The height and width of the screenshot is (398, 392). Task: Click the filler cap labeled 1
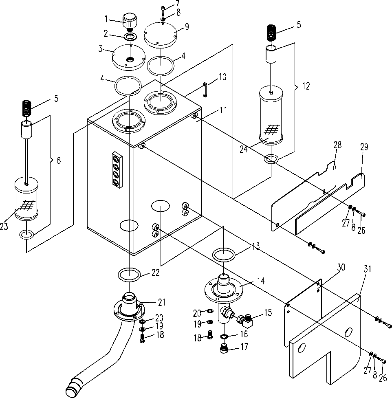[130, 22]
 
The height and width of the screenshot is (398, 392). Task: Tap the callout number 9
[187, 26]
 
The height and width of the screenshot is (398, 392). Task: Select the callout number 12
[306, 86]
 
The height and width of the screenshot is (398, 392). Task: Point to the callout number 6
[59, 161]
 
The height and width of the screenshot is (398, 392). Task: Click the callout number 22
[155, 273]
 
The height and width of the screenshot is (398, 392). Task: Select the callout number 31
[368, 269]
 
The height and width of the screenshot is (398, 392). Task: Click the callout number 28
[337, 145]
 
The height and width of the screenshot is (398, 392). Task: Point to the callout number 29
[364, 147]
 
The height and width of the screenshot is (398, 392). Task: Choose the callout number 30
[341, 267]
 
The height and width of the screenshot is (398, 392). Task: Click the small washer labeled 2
[130, 37]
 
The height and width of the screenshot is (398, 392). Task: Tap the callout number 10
[222, 77]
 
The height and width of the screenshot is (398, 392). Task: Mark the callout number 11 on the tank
[223, 110]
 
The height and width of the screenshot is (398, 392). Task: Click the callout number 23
[4, 226]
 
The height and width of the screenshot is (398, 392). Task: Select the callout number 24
[244, 149]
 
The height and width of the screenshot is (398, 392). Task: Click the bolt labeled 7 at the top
[163, 10]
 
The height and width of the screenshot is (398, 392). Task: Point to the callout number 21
[162, 302]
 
